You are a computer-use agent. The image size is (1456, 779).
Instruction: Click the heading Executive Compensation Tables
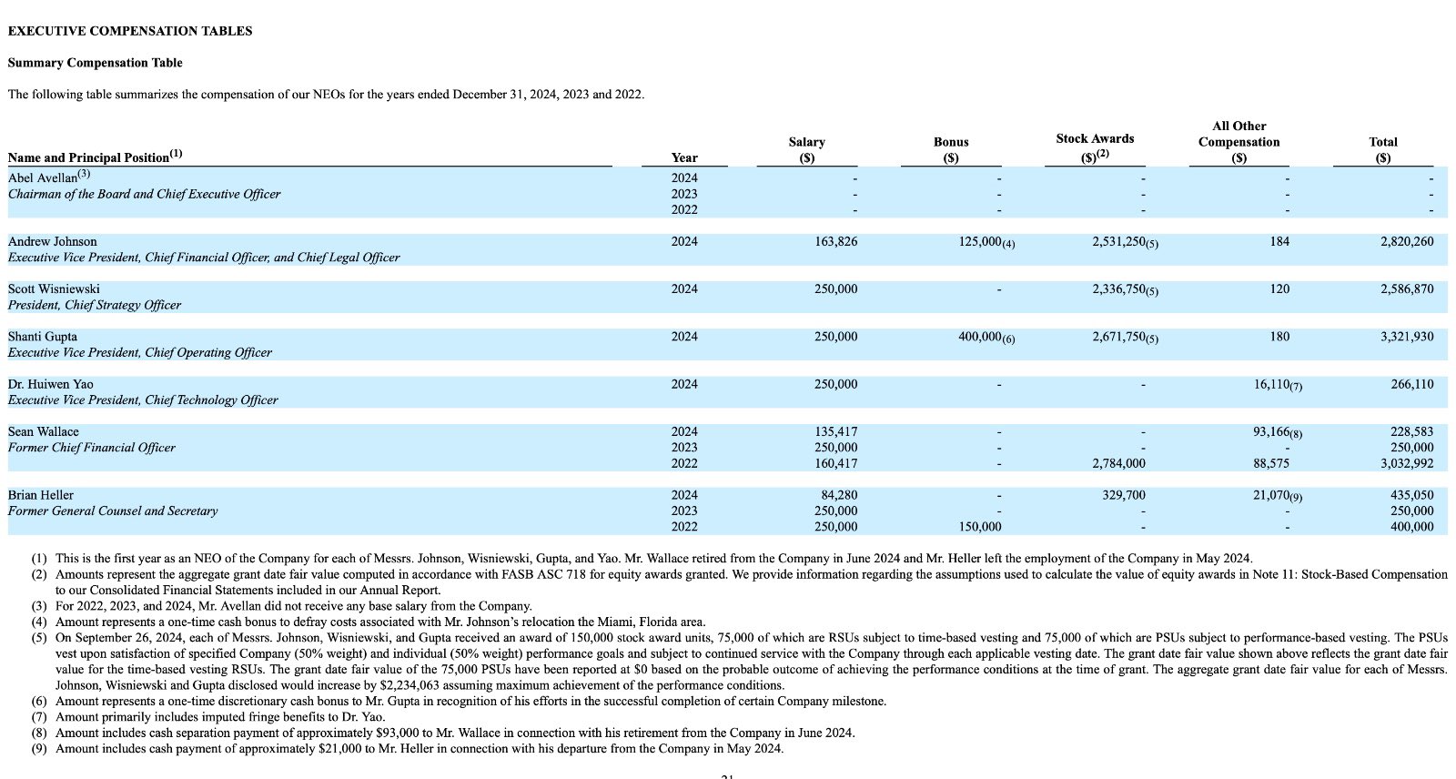click(x=130, y=31)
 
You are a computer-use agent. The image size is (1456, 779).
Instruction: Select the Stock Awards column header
click(x=1095, y=139)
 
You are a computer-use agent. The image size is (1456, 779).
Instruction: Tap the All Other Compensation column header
click(x=1239, y=134)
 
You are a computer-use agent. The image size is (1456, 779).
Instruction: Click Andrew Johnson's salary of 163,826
click(x=835, y=242)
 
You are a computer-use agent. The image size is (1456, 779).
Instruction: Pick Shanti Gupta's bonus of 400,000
click(x=979, y=337)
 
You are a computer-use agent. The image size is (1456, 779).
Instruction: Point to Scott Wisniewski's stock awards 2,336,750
click(x=1117, y=289)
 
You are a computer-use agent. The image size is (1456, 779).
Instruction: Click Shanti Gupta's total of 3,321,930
click(x=1406, y=337)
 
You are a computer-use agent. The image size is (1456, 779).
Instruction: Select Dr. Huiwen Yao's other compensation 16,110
click(x=1271, y=384)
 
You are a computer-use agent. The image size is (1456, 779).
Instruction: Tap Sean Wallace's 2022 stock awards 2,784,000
click(x=1118, y=463)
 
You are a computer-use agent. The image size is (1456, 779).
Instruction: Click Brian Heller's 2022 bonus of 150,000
click(x=979, y=527)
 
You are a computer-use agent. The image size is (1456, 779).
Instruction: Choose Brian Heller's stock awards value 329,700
click(x=1124, y=495)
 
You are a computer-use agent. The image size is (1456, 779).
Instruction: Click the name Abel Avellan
click(x=43, y=178)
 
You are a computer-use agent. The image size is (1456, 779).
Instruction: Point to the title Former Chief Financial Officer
click(x=92, y=448)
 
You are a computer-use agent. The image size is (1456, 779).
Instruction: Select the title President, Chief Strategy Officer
click(x=95, y=305)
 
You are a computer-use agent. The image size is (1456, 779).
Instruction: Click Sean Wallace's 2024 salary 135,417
click(x=835, y=431)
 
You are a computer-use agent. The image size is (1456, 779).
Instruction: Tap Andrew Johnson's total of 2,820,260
click(x=1406, y=242)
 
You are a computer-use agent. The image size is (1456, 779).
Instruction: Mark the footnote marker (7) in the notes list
click(x=39, y=717)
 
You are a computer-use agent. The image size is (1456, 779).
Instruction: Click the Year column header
click(x=684, y=157)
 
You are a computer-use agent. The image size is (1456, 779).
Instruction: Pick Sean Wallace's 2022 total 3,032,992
click(x=1406, y=463)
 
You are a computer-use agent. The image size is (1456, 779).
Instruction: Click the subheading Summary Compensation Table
click(x=95, y=63)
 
